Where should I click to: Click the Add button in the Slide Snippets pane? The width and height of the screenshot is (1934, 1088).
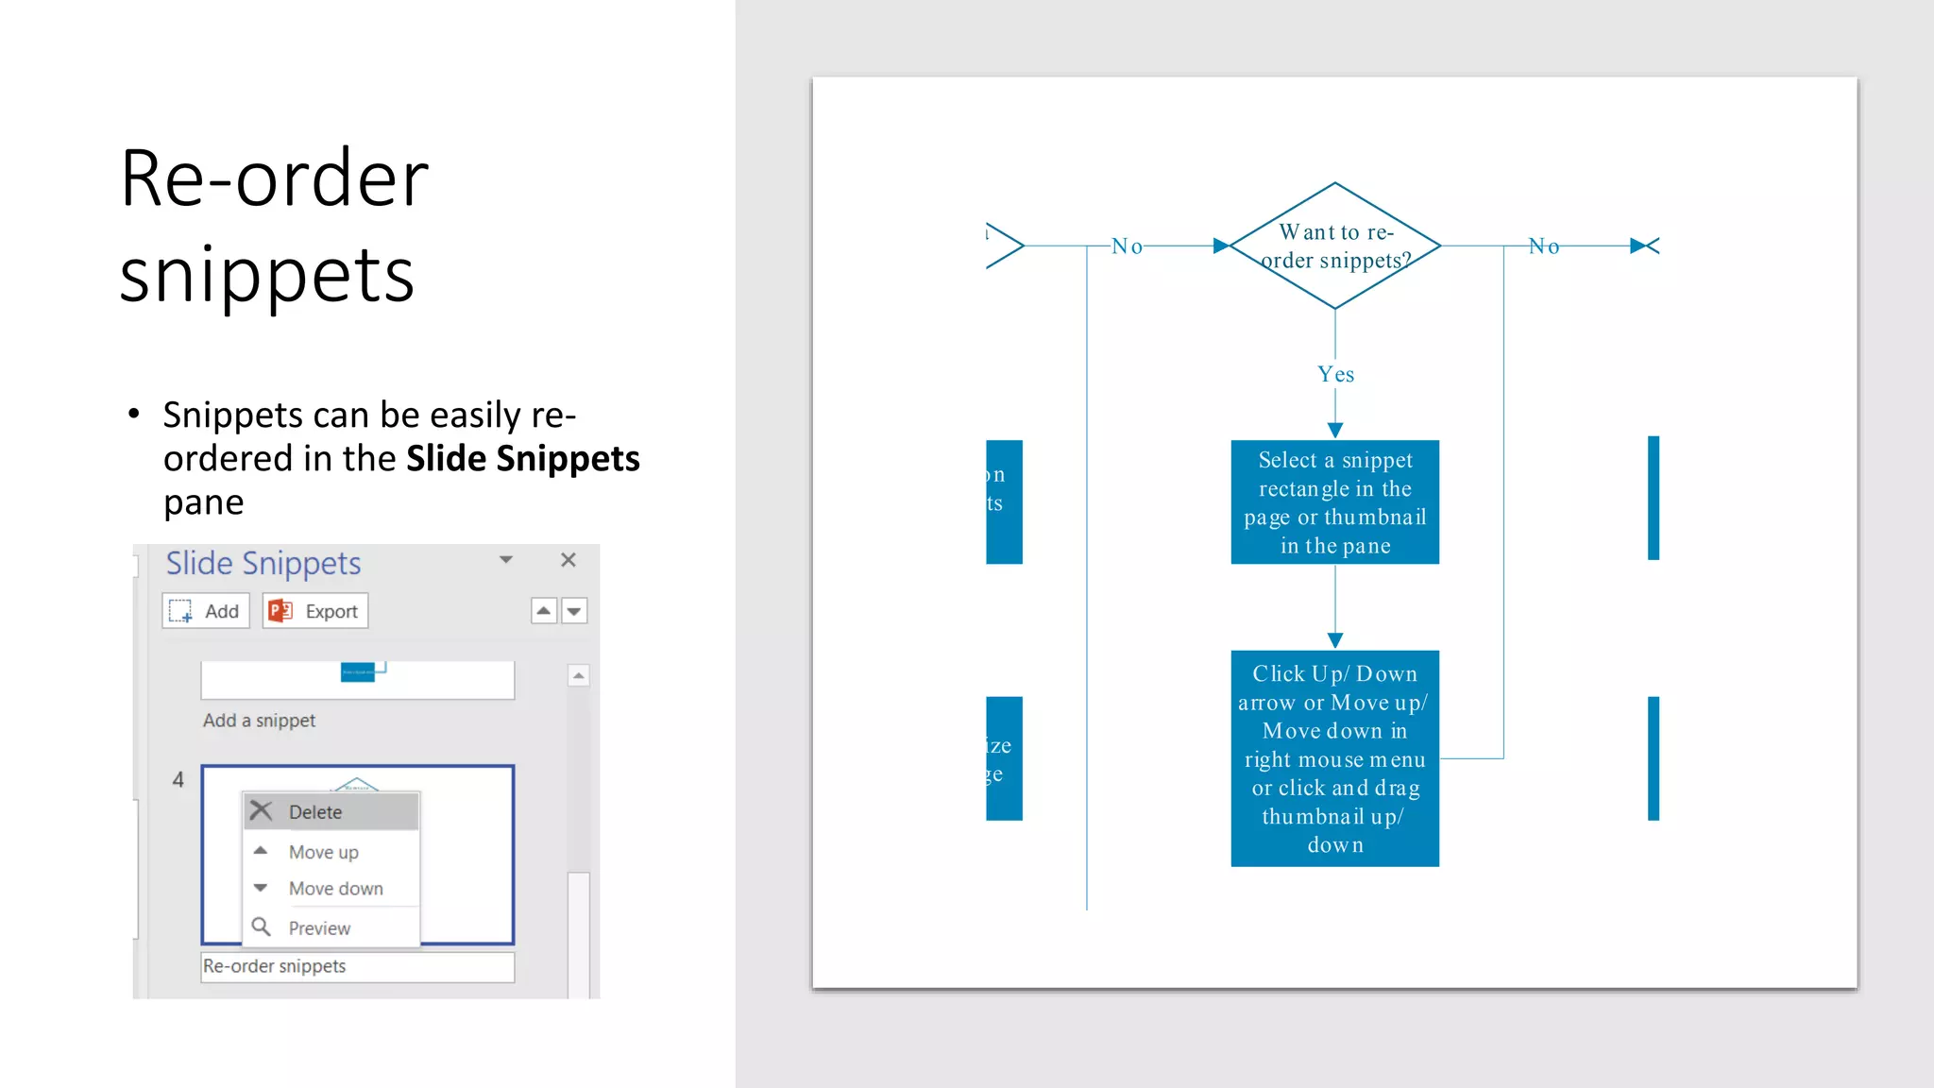[206, 611]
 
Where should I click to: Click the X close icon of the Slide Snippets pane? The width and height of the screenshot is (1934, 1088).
[568, 560]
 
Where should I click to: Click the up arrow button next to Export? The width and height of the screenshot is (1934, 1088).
[544, 611]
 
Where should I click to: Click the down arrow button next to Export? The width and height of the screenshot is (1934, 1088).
[574, 611]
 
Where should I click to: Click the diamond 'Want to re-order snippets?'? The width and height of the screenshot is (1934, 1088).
[1334, 246]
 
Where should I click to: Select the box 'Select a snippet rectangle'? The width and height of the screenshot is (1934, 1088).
[1334, 501]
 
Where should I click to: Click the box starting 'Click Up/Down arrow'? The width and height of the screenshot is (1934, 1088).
[1334, 758]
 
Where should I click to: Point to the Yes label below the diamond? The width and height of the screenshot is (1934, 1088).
[1335, 375]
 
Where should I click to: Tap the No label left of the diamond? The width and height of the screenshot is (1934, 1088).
[1127, 246]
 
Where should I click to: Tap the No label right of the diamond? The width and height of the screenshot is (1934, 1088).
[1544, 246]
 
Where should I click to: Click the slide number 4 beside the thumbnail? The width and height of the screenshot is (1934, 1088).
[178, 780]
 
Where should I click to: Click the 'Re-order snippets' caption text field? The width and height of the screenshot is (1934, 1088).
[357, 966]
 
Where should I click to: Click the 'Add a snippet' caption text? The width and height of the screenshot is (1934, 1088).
[259, 721]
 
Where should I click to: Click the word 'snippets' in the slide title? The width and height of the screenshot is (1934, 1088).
[267, 276]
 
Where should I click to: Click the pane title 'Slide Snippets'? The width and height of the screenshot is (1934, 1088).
[263, 563]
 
